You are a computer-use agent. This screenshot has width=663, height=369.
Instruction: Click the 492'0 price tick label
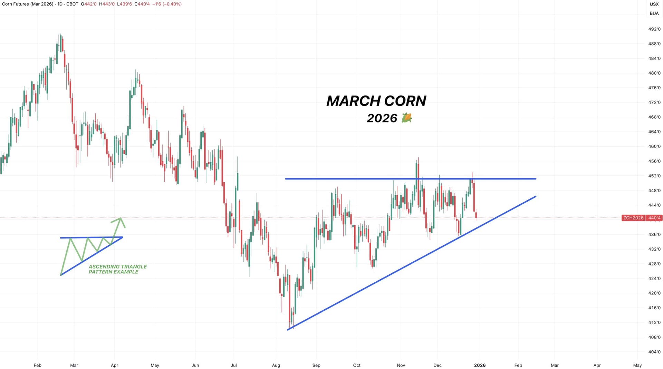654,29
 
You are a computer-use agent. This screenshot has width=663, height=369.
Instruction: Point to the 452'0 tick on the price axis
654,176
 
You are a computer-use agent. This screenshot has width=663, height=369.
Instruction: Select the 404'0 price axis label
654,352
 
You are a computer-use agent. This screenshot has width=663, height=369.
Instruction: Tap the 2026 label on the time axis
480,365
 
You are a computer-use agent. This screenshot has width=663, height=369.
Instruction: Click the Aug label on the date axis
276,365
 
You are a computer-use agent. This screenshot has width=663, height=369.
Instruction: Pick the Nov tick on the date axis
401,365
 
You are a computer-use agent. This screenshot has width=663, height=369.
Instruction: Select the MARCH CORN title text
376,101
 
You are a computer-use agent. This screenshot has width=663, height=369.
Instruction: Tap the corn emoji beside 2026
407,118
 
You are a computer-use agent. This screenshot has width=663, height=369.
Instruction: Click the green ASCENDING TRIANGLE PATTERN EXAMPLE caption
117,269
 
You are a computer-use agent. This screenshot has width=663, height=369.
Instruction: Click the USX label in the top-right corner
654,4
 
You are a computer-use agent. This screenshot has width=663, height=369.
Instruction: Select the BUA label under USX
654,13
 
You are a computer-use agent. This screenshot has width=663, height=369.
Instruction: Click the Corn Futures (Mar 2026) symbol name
28,4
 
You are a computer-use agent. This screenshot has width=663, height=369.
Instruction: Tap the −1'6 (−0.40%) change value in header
167,4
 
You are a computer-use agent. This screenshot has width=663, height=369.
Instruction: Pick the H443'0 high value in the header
107,4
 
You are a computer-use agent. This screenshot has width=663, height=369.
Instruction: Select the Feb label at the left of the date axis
37,365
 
